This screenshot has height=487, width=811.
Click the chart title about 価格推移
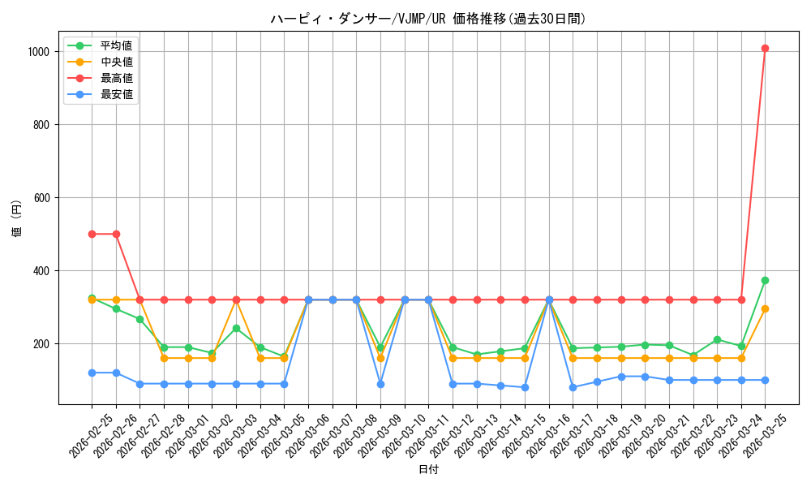click(427, 19)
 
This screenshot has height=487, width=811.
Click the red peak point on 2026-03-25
click(765, 48)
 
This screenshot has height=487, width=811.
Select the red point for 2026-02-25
click(92, 234)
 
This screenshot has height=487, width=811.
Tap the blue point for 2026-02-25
click(92, 373)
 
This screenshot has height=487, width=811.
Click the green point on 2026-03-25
click(765, 280)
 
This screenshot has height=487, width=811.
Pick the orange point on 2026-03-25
click(765, 308)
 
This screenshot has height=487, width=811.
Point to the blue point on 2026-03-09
click(380, 384)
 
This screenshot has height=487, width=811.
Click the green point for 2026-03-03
click(236, 328)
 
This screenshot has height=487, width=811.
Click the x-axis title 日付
click(428, 470)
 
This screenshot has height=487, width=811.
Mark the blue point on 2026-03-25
click(765, 380)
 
